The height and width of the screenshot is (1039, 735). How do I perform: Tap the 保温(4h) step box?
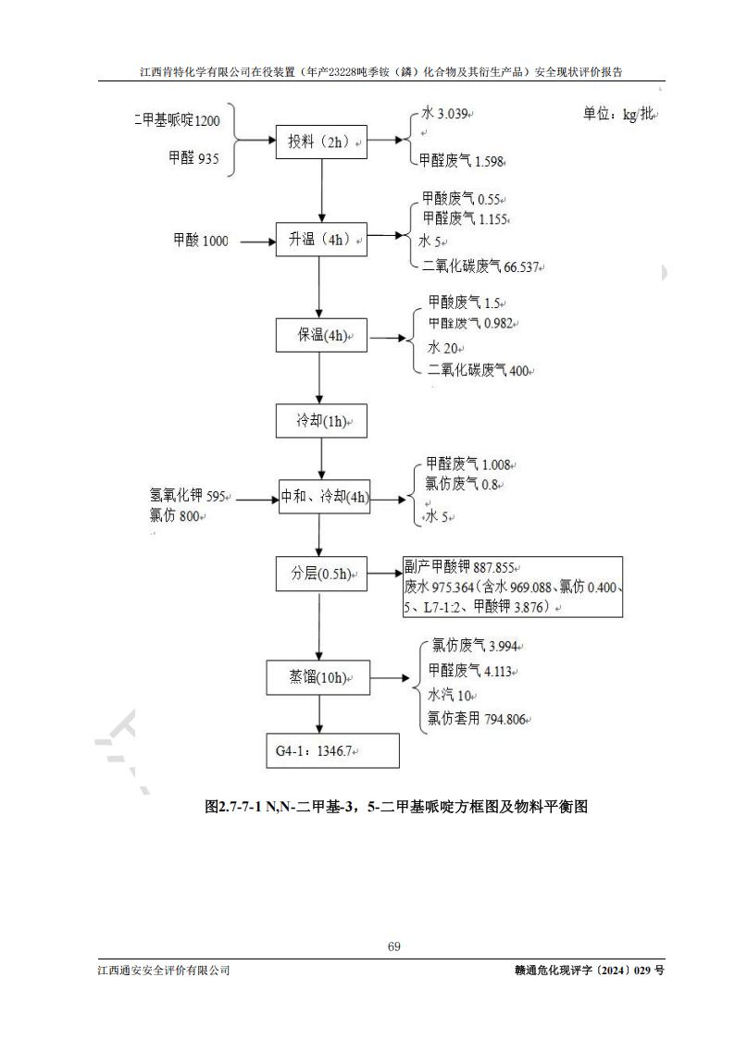(320, 335)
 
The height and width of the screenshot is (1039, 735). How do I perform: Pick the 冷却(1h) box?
(320, 421)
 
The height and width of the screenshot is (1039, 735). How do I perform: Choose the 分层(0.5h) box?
(320, 575)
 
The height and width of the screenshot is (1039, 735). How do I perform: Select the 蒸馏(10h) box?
(318, 678)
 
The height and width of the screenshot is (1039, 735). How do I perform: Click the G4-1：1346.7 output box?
(331, 751)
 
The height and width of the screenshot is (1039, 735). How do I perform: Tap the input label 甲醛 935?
(193, 158)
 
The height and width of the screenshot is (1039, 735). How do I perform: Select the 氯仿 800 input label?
(175, 516)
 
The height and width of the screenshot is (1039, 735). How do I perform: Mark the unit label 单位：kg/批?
(618, 114)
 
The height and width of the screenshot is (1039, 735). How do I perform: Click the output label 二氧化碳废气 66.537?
(481, 266)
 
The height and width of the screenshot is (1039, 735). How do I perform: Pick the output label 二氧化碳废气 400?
(480, 370)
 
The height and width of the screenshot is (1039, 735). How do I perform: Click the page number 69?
(393, 946)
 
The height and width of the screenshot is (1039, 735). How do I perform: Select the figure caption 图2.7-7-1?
(396, 807)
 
